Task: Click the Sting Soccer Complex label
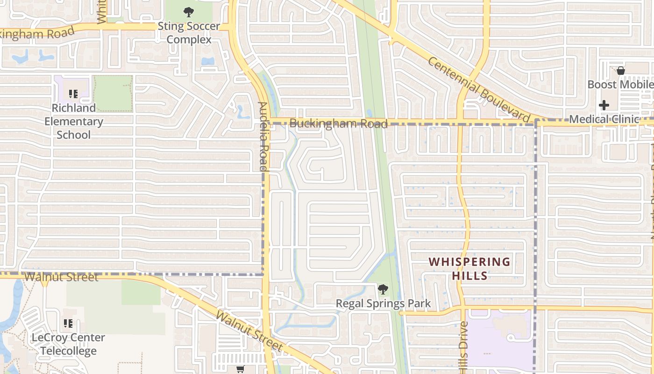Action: click(189, 33)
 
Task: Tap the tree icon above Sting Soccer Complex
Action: click(189, 12)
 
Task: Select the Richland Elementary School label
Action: click(74, 121)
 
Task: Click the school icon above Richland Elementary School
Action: click(73, 94)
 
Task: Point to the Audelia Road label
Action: click(263, 136)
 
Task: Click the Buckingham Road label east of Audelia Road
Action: click(338, 124)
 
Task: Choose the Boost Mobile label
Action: click(620, 85)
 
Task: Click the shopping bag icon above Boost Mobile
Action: click(621, 71)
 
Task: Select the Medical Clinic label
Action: click(604, 119)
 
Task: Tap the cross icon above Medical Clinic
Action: click(604, 105)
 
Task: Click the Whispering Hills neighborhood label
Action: click(470, 269)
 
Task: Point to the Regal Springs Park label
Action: click(384, 304)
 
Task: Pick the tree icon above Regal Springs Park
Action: click(383, 289)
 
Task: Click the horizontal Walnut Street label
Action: click(61, 277)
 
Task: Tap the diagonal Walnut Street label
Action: click(249, 330)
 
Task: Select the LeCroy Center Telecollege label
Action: click(68, 344)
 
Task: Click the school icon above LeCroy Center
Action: click(68, 324)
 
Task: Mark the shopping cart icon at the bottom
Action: click(241, 369)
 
